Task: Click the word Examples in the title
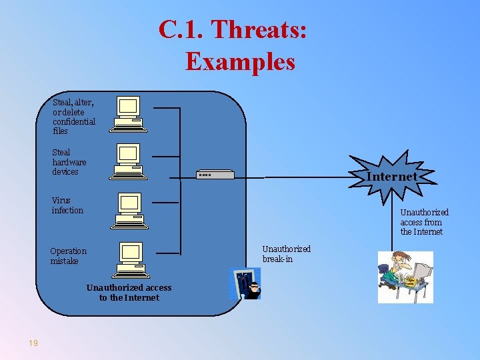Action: point(240,61)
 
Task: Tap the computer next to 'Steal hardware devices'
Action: point(128,161)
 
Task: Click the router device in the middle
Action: point(215,175)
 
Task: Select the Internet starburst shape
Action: point(392,177)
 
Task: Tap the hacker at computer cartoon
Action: point(405,277)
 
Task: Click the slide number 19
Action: point(33,343)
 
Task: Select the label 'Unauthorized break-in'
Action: point(286,253)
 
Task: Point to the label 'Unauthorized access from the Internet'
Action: point(424,222)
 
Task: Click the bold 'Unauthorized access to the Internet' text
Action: point(129,293)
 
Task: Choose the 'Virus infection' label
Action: point(67,205)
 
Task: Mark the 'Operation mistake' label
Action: point(68,256)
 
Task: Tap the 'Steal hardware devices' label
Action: point(69,162)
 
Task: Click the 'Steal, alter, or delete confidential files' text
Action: point(73,117)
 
